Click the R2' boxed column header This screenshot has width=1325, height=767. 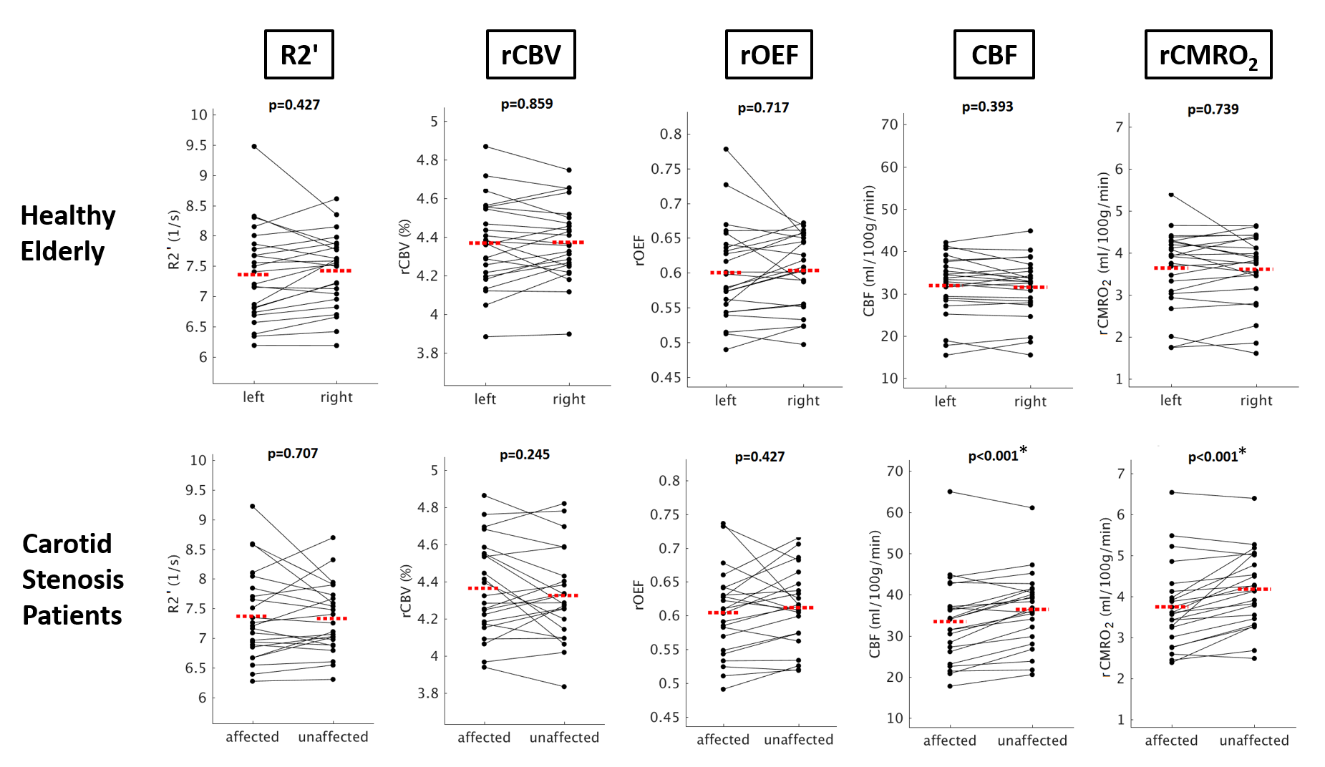coord(299,54)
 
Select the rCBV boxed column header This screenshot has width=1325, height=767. coord(530,54)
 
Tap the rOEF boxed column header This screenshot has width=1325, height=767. coord(768,54)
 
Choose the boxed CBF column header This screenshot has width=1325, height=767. coord(994,54)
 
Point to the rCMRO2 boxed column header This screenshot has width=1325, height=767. coord(1208,55)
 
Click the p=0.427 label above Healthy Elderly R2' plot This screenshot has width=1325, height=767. coord(294,105)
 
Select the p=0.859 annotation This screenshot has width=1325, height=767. coord(526,104)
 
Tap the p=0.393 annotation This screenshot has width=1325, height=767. coord(987,107)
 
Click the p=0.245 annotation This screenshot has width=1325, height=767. coord(524,455)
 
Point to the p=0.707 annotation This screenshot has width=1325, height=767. coord(292,454)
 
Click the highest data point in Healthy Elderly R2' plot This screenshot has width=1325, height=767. coord(254,147)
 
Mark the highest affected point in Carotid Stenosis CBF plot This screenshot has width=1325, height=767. coord(950,492)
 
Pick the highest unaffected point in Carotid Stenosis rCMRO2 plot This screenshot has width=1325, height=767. coord(1254,498)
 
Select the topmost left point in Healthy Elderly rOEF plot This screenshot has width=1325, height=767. coord(726,150)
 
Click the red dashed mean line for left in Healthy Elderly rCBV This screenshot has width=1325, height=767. coord(485,243)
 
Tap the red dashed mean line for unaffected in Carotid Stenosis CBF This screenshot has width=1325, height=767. coord(1032,610)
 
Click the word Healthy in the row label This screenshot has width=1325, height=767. coord(68,215)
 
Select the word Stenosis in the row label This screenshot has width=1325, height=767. coord(73,580)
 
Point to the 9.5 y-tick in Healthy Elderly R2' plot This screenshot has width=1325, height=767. coord(196,146)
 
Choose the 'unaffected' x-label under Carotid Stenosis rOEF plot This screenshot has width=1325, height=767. coord(798,740)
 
